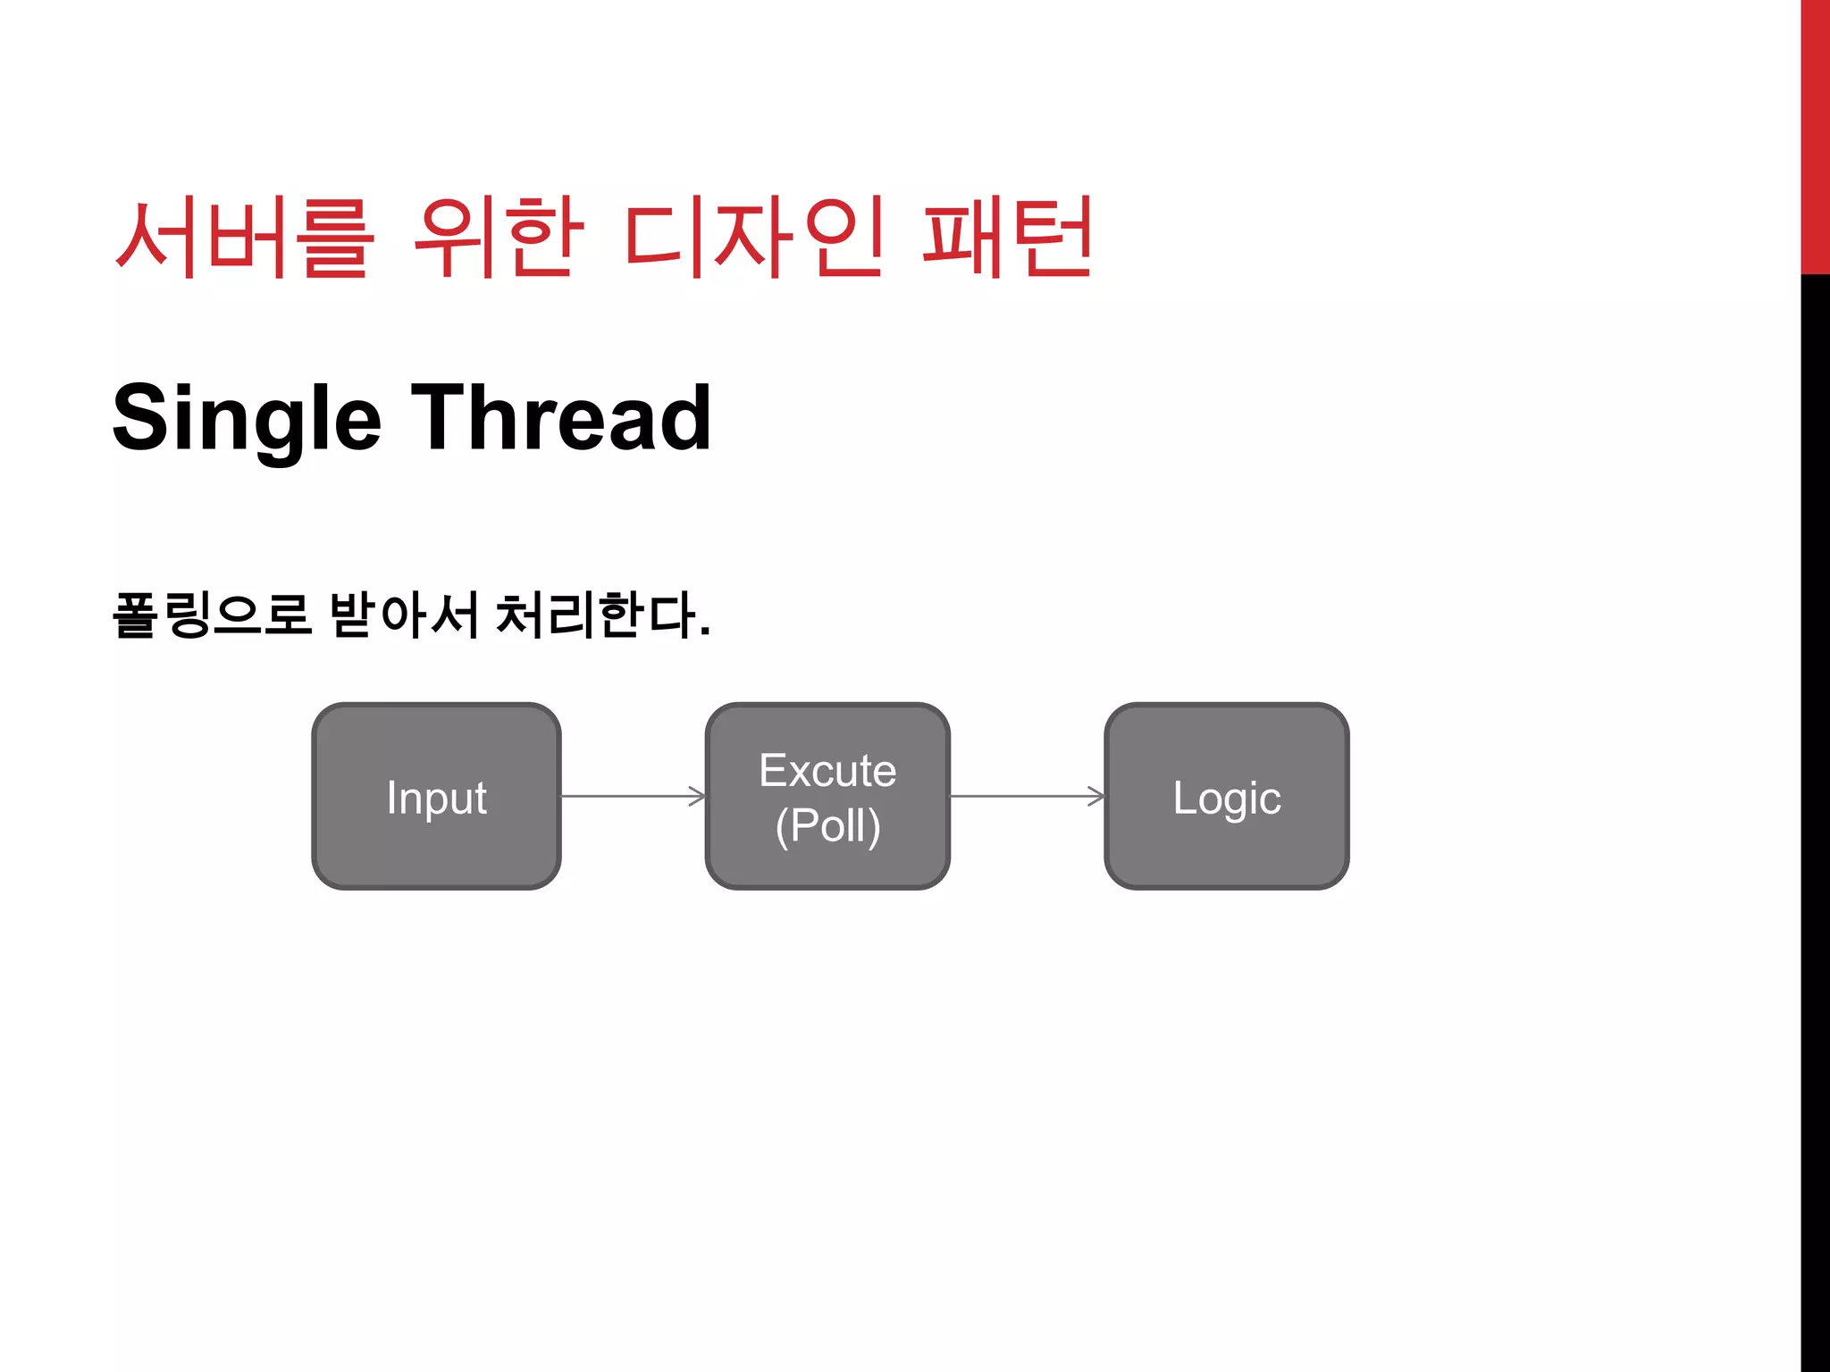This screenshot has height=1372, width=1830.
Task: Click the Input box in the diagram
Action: [x=436, y=796]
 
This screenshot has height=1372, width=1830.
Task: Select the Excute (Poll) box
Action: [x=827, y=796]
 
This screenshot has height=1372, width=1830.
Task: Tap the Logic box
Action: [x=1227, y=796]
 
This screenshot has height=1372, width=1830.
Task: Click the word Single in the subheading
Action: [x=247, y=418]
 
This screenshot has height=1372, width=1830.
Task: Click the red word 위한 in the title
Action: [x=499, y=237]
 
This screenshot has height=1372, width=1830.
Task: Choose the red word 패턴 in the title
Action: [x=1007, y=237]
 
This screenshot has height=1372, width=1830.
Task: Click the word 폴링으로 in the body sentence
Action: [x=212, y=615]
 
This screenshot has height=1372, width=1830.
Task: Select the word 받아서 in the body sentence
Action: [x=404, y=615]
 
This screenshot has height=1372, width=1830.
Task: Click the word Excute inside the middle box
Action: [x=827, y=770]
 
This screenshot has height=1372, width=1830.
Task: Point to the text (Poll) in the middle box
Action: [x=827, y=824]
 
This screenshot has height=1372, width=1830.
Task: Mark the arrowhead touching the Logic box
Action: [x=1096, y=796]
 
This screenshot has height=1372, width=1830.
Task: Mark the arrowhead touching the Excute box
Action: [x=698, y=796]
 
